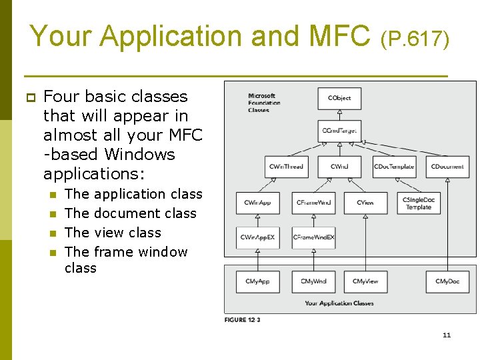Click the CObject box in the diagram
[339, 99]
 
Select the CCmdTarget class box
[339, 131]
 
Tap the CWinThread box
[285, 167]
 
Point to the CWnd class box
[339, 167]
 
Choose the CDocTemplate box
[393, 167]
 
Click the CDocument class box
[447, 167]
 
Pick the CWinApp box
[257, 203]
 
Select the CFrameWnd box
[313, 203]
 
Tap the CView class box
[365, 203]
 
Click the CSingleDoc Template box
[419, 203]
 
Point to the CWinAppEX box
[257, 237]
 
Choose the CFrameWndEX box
[313, 237]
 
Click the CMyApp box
[257, 281]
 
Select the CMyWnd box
[313, 281]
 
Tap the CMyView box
[365, 281]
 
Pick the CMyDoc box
[447, 281]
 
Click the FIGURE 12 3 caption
[242, 320]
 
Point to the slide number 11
[447, 335]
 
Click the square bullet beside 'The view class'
[53, 233]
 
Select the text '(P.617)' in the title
[415, 39]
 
